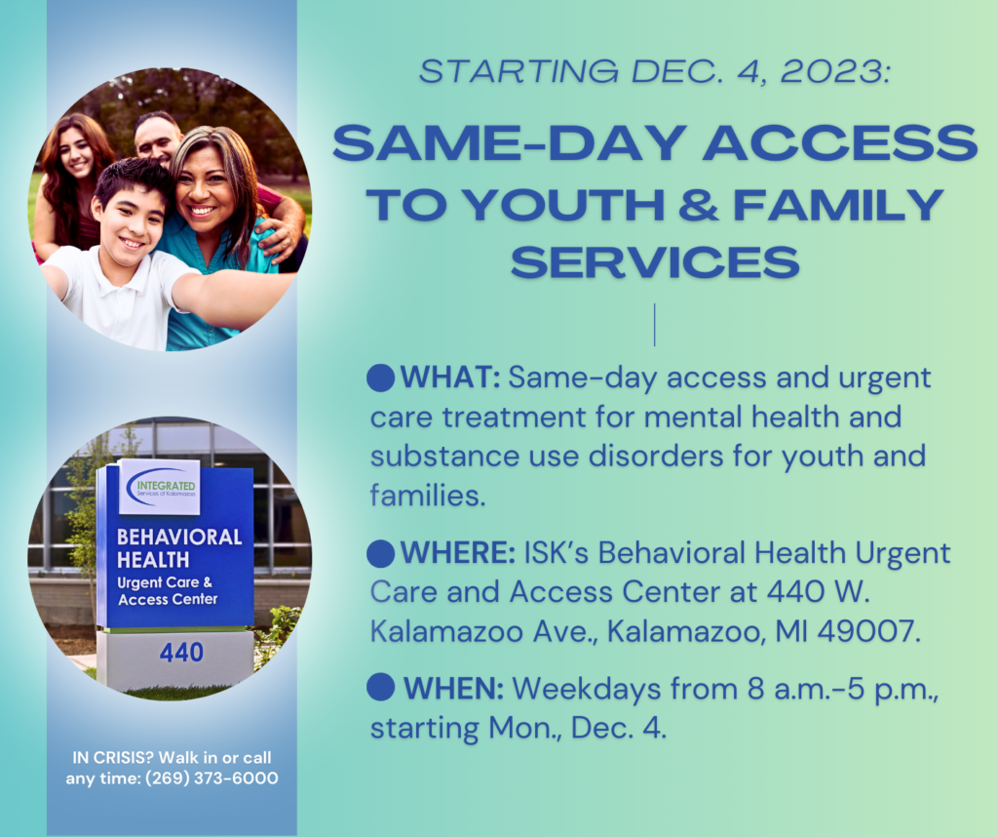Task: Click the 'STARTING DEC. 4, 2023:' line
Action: click(x=654, y=71)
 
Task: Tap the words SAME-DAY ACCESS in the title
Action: click(x=654, y=144)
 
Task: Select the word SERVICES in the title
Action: click(x=654, y=261)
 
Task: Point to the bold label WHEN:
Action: click(x=453, y=689)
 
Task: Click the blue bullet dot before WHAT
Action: click(x=381, y=377)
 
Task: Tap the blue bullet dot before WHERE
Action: click(x=381, y=554)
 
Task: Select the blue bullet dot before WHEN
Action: click(x=381, y=688)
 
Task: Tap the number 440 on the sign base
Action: click(x=181, y=652)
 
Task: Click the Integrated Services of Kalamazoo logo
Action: click(x=159, y=486)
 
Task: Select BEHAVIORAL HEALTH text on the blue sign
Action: click(x=178, y=548)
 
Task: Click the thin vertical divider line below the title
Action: click(x=654, y=325)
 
